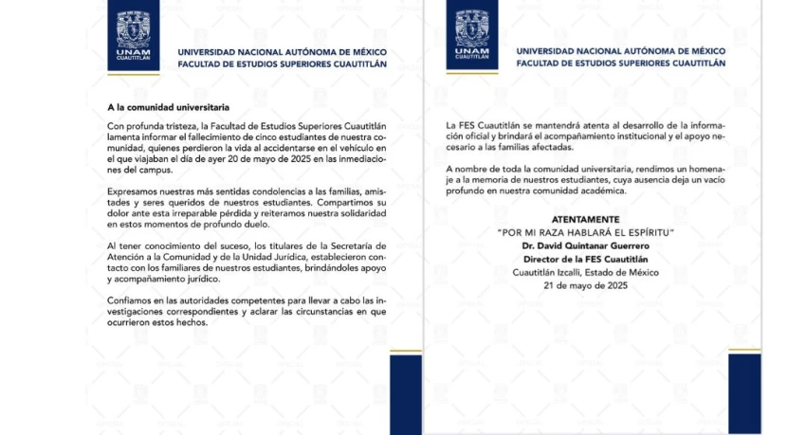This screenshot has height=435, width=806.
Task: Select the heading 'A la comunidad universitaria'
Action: point(168,109)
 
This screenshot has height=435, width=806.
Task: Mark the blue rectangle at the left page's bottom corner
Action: point(405,394)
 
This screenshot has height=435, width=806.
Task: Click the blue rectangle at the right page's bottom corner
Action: point(744,393)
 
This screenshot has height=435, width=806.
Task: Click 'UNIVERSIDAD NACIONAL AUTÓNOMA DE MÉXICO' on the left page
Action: point(283,52)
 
